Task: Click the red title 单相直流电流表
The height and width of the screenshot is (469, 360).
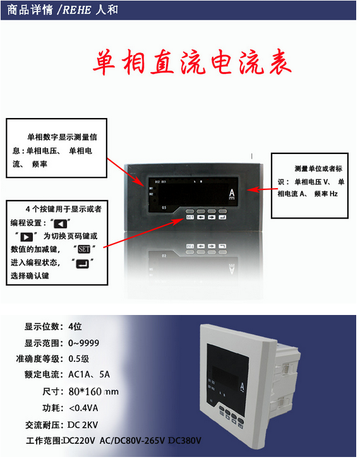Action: click(192, 63)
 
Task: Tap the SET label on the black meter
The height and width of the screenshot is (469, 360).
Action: click(189, 217)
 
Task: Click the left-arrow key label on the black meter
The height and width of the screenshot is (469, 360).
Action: click(201, 217)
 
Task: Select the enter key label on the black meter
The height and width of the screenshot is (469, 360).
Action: click(222, 217)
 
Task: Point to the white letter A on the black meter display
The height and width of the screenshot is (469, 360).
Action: click(232, 193)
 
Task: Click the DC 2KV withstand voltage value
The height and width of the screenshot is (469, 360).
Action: click(85, 424)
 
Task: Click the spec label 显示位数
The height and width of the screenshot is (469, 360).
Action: click(43, 326)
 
